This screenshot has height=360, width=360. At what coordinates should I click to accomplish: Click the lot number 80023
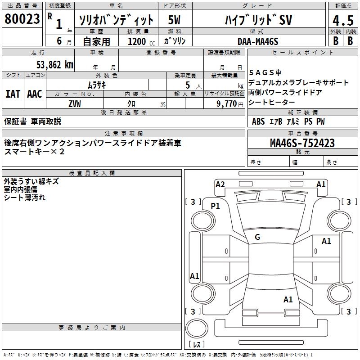(22, 18)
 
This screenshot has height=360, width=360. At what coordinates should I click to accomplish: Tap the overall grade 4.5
(343, 20)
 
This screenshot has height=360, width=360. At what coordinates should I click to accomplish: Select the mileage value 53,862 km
(55, 65)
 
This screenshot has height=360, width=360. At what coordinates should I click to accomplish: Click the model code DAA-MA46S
(258, 41)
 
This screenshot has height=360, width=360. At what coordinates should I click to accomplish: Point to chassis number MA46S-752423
(302, 143)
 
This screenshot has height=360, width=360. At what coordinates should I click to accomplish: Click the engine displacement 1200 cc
(141, 41)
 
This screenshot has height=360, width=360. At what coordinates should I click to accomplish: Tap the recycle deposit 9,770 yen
(230, 104)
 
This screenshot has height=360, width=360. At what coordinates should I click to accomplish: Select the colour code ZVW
(75, 104)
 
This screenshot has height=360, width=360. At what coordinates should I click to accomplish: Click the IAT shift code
(13, 94)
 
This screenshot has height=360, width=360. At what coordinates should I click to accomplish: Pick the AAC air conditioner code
(35, 94)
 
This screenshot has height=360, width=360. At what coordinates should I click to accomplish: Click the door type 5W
(174, 20)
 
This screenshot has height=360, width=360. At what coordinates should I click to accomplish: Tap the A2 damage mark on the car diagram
(220, 184)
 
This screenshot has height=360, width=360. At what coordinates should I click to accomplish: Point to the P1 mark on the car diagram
(215, 206)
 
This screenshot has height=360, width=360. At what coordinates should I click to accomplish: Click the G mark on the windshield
(257, 237)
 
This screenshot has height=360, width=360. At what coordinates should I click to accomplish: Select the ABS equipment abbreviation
(258, 121)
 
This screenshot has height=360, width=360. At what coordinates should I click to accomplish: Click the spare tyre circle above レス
(197, 328)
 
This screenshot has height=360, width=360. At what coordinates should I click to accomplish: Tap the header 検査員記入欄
(92, 173)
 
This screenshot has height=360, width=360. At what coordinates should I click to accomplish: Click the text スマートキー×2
(34, 152)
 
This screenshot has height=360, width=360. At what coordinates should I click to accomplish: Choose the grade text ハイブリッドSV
(258, 20)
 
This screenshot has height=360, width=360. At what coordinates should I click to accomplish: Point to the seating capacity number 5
(188, 85)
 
